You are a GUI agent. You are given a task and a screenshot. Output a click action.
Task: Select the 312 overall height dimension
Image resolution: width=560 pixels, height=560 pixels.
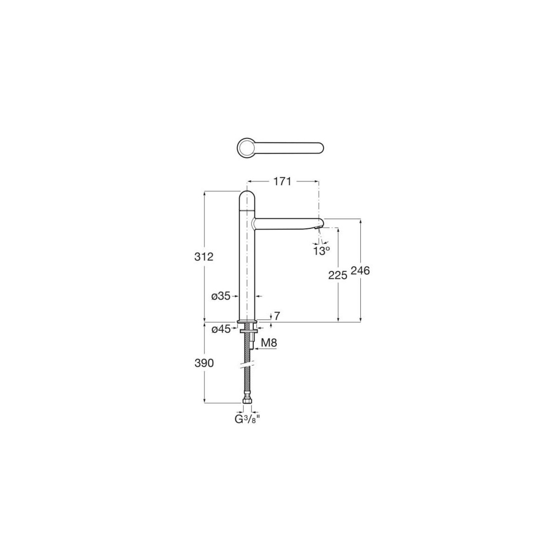point(204,256)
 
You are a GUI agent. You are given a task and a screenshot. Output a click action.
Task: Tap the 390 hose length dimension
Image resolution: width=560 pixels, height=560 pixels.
point(204,363)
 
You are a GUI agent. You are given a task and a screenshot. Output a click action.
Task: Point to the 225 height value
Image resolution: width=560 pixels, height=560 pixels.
point(337,275)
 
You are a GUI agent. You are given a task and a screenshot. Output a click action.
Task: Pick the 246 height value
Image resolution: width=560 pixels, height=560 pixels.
point(360,271)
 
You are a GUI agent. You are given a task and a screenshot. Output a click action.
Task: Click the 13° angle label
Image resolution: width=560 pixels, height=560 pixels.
point(322,250)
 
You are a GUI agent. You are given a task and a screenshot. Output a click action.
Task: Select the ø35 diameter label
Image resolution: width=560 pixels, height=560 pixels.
point(221,296)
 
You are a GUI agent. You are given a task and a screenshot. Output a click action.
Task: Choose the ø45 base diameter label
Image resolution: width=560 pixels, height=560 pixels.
point(221,329)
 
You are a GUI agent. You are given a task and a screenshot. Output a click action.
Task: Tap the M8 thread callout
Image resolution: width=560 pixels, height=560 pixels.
point(269,343)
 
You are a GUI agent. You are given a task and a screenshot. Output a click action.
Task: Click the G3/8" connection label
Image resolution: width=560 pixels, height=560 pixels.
point(247,419)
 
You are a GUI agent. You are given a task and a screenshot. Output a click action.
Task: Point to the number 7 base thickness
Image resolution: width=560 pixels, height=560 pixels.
point(277,316)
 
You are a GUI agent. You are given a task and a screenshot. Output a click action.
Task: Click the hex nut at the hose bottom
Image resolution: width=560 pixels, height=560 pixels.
point(247,400)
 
